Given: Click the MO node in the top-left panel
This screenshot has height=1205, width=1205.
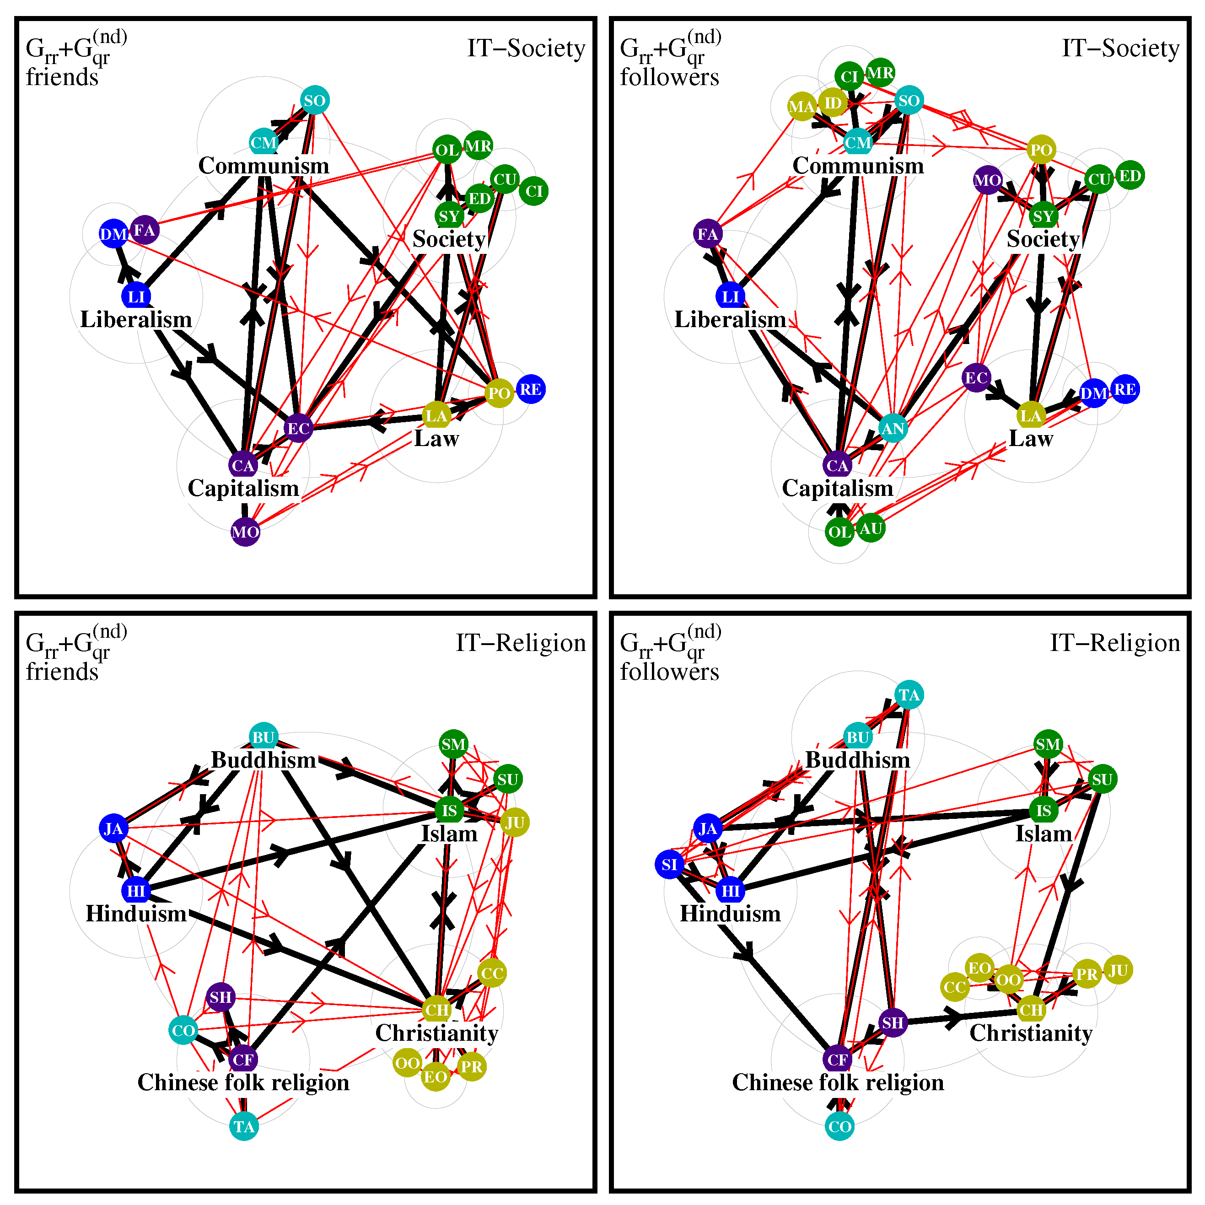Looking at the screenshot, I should click(x=245, y=532).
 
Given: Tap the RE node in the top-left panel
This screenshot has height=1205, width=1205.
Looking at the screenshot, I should click(x=531, y=389).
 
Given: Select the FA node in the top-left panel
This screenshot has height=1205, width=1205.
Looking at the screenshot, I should click(x=145, y=230).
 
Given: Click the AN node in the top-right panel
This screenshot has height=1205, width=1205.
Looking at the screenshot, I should click(x=893, y=429).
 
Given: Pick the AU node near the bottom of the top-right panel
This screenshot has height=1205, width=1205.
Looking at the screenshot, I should click(x=871, y=528).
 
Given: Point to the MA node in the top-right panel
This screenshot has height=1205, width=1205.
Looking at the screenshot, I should click(x=802, y=107).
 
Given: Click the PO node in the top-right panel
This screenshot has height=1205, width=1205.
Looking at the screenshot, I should click(x=1041, y=150).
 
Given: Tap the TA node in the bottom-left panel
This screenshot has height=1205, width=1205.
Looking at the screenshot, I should click(x=244, y=1126).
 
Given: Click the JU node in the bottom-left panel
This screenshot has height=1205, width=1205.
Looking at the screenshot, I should click(x=515, y=823).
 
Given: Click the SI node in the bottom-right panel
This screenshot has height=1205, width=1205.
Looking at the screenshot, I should click(x=669, y=865).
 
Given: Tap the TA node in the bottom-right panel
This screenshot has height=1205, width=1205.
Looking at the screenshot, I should click(x=909, y=695).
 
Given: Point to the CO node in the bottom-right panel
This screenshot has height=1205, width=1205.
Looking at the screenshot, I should click(x=839, y=1126).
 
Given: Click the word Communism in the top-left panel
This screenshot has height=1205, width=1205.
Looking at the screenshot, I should click(x=264, y=166).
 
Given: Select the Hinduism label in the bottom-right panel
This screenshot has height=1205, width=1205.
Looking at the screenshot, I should click(x=730, y=914).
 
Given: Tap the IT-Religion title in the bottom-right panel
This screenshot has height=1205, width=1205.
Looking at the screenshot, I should click(x=1114, y=643).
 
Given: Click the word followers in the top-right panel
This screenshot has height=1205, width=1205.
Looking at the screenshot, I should click(x=669, y=77).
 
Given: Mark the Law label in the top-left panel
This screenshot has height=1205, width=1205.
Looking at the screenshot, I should click(x=436, y=439).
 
